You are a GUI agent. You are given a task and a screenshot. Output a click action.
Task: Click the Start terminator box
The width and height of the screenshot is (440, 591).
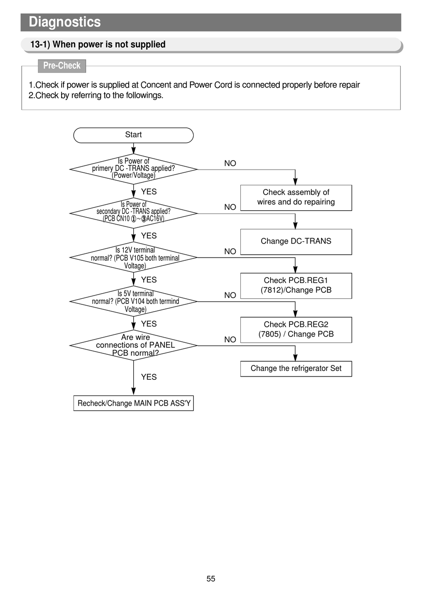133,135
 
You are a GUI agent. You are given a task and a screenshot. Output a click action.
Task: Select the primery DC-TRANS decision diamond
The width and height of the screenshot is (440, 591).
133,169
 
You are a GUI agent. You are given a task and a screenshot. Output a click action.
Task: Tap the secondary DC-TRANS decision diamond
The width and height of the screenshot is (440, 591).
133,213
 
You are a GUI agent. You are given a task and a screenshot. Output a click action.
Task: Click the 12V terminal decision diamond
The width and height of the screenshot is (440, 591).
133,257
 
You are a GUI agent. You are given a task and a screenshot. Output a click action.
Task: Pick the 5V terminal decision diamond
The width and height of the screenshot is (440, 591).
133,301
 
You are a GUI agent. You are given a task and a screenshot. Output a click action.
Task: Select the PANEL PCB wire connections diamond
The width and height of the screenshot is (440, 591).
133,345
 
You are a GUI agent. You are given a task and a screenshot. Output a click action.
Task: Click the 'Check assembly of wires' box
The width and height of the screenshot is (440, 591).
296,198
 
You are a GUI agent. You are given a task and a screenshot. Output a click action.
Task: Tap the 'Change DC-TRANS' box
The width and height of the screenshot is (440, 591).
296,242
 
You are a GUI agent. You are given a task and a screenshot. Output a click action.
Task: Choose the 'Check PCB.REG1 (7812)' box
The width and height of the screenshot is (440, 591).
296,286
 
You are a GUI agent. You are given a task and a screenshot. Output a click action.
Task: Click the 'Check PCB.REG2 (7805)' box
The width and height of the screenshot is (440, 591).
296,330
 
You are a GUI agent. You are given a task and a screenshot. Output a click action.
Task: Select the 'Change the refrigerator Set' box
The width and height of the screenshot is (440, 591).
296,369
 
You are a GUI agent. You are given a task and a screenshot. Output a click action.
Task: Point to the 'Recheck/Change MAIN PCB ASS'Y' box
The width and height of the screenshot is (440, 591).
133,403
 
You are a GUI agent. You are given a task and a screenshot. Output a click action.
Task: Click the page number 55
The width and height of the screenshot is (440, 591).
211,578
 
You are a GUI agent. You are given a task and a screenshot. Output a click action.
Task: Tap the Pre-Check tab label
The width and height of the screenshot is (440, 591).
62,66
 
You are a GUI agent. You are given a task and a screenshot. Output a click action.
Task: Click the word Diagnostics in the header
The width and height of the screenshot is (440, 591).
64,22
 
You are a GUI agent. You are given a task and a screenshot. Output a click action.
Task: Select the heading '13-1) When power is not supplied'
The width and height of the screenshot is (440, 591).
98,44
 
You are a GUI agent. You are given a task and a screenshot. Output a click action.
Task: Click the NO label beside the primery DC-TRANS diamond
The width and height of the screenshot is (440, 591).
230,163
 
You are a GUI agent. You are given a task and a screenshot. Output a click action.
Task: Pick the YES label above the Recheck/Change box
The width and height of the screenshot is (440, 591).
149,377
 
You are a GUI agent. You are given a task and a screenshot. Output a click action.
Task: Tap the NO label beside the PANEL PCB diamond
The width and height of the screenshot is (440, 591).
230,340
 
